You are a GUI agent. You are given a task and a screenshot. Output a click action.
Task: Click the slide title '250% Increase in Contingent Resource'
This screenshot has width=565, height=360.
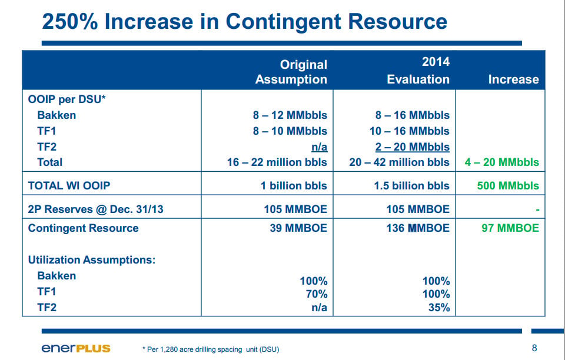point(245,21)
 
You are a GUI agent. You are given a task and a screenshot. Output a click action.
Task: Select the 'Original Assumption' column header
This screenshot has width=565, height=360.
point(291,72)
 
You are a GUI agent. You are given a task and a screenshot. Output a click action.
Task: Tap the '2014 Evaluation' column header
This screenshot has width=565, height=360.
point(418,70)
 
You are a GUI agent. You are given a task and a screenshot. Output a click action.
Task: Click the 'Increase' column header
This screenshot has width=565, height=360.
point(513,79)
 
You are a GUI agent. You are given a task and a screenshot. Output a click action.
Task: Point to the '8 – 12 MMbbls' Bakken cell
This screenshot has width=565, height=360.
point(290,115)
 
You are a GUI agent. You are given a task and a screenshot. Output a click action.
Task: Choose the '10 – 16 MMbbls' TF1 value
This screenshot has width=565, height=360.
point(410,131)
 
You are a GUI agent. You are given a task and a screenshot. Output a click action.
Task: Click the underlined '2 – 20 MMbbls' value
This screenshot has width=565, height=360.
point(412,147)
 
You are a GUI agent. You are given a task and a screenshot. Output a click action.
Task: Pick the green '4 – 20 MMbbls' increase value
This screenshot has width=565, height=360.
point(502,162)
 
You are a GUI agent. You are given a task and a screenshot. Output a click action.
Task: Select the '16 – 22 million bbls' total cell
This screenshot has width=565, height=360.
point(277,162)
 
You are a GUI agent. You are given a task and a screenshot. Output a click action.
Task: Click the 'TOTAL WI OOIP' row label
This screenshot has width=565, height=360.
point(69,186)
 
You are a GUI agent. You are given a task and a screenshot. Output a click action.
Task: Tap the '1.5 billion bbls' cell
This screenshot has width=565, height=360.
point(411,186)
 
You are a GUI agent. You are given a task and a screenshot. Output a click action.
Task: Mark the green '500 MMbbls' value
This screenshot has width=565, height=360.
point(508,186)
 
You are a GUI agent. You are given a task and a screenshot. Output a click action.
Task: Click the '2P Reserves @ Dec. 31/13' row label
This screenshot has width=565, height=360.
point(95,209)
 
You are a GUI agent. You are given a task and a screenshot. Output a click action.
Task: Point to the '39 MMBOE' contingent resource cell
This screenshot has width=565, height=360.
point(299,228)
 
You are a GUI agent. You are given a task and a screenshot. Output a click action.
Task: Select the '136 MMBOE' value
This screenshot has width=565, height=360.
point(418,228)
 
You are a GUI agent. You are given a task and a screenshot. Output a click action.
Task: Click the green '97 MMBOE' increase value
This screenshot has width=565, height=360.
point(510,228)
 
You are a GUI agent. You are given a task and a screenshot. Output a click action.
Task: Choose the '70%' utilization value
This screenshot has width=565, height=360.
point(317,295)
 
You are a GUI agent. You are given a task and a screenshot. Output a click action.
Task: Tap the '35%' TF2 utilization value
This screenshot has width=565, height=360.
point(439,308)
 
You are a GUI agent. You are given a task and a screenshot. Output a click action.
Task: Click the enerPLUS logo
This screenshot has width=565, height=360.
point(76,348)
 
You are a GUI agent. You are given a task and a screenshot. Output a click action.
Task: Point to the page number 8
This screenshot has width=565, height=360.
point(534,348)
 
